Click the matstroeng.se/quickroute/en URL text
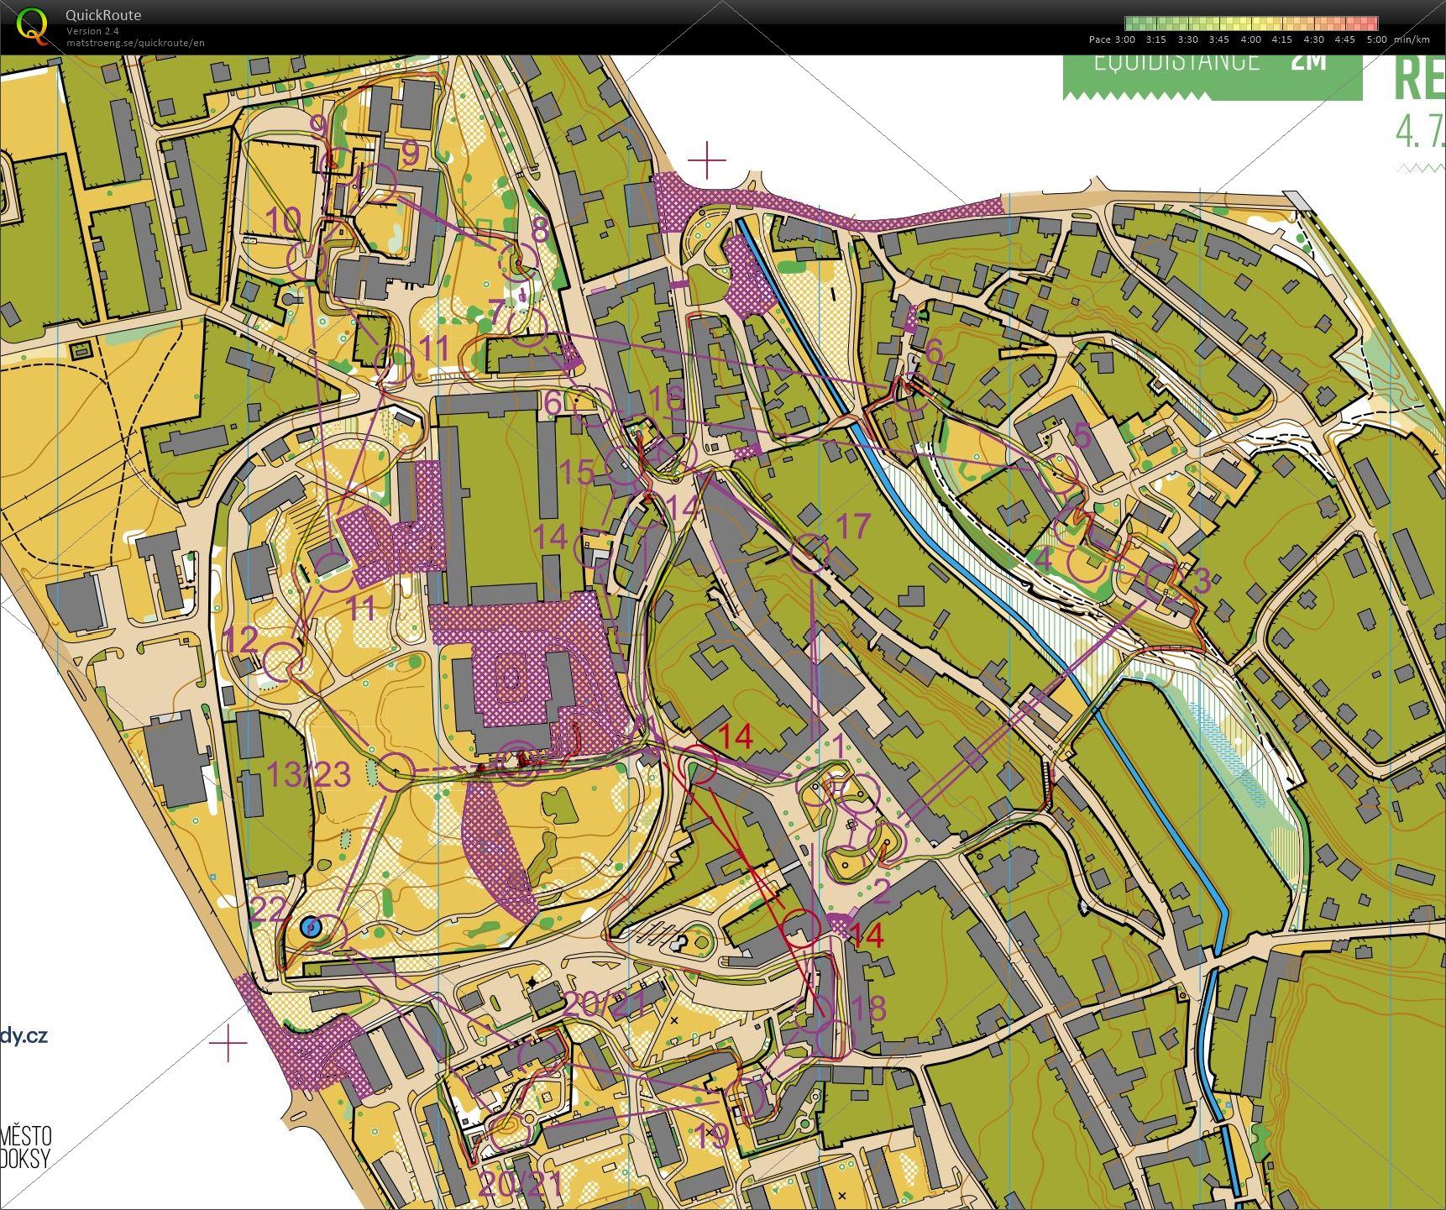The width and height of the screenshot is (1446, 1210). (x=135, y=43)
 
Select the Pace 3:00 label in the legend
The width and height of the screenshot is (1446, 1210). (x=1112, y=39)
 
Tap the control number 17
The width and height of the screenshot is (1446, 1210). (x=854, y=527)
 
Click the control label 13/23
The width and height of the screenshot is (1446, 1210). (x=308, y=774)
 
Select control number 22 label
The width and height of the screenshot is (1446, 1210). (x=268, y=909)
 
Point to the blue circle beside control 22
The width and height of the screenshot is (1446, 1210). (x=310, y=927)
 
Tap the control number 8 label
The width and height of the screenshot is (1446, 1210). (x=540, y=228)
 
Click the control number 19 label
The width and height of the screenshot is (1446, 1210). (x=712, y=1136)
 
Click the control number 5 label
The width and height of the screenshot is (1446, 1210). (x=1082, y=436)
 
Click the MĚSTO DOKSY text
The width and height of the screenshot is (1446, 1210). (x=25, y=1147)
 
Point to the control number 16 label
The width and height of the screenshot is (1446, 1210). (x=667, y=399)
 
